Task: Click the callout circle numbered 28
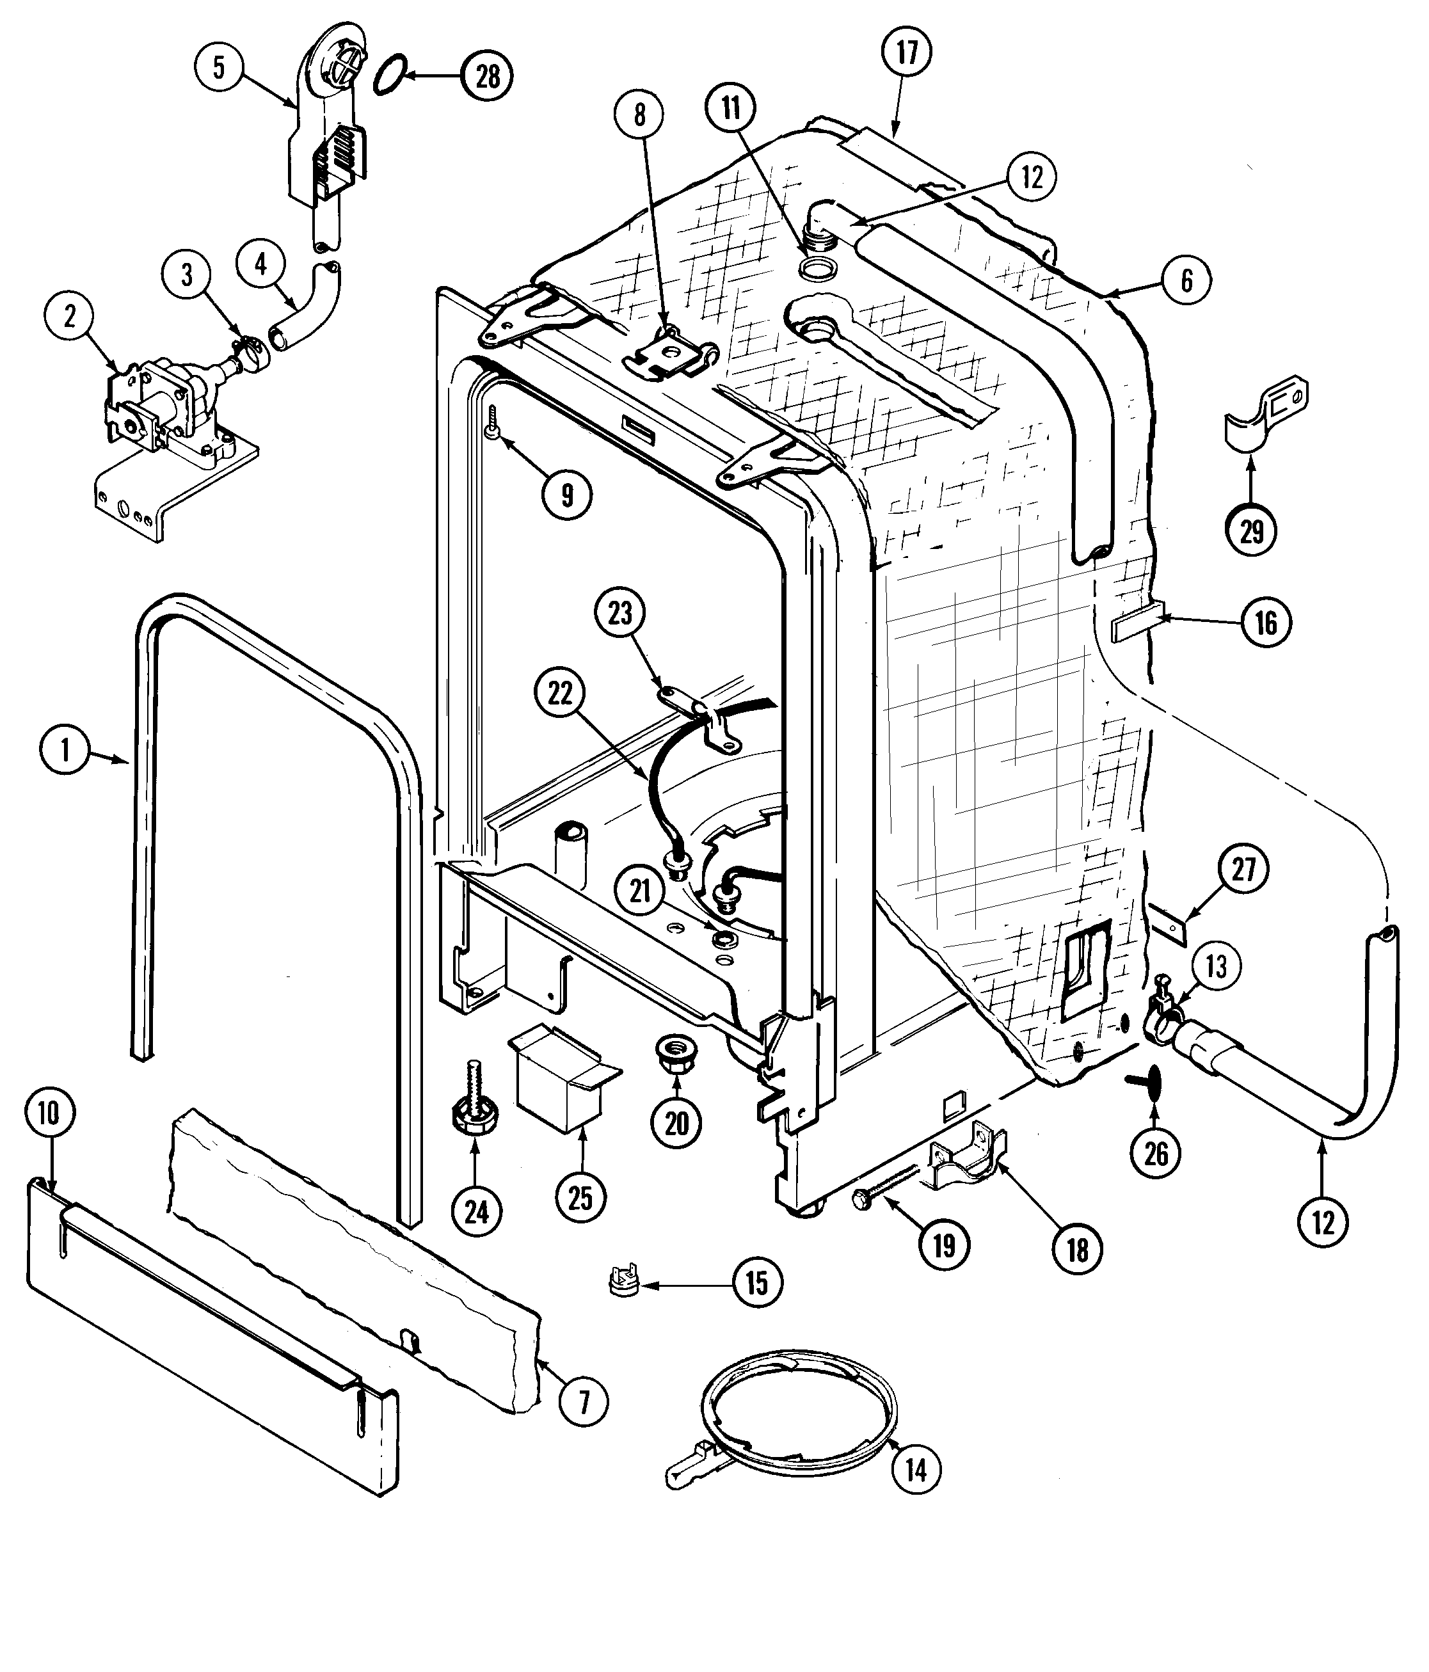pyautogui.click(x=488, y=76)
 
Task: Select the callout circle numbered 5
pyautogui.click(x=220, y=67)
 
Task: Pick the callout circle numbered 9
pyautogui.click(x=567, y=495)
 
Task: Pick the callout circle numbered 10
pyautogui.click(x=49, y=1113)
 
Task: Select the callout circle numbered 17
pyautogui.click(x=907, y=52)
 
